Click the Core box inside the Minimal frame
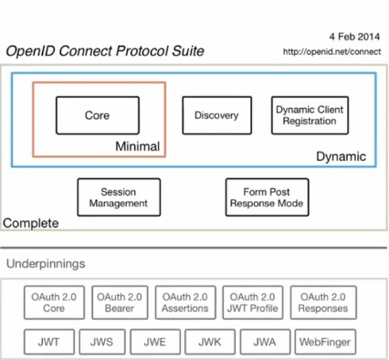tap(97, 116)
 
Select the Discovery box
tap(216, 116)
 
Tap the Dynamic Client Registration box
tap(308, 116)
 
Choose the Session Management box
tap(118, 197)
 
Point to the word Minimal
tap(138, 146)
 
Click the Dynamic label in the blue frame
tap(340, 157)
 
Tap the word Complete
tap(31, 223)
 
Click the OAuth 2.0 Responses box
tap(322, 302)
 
